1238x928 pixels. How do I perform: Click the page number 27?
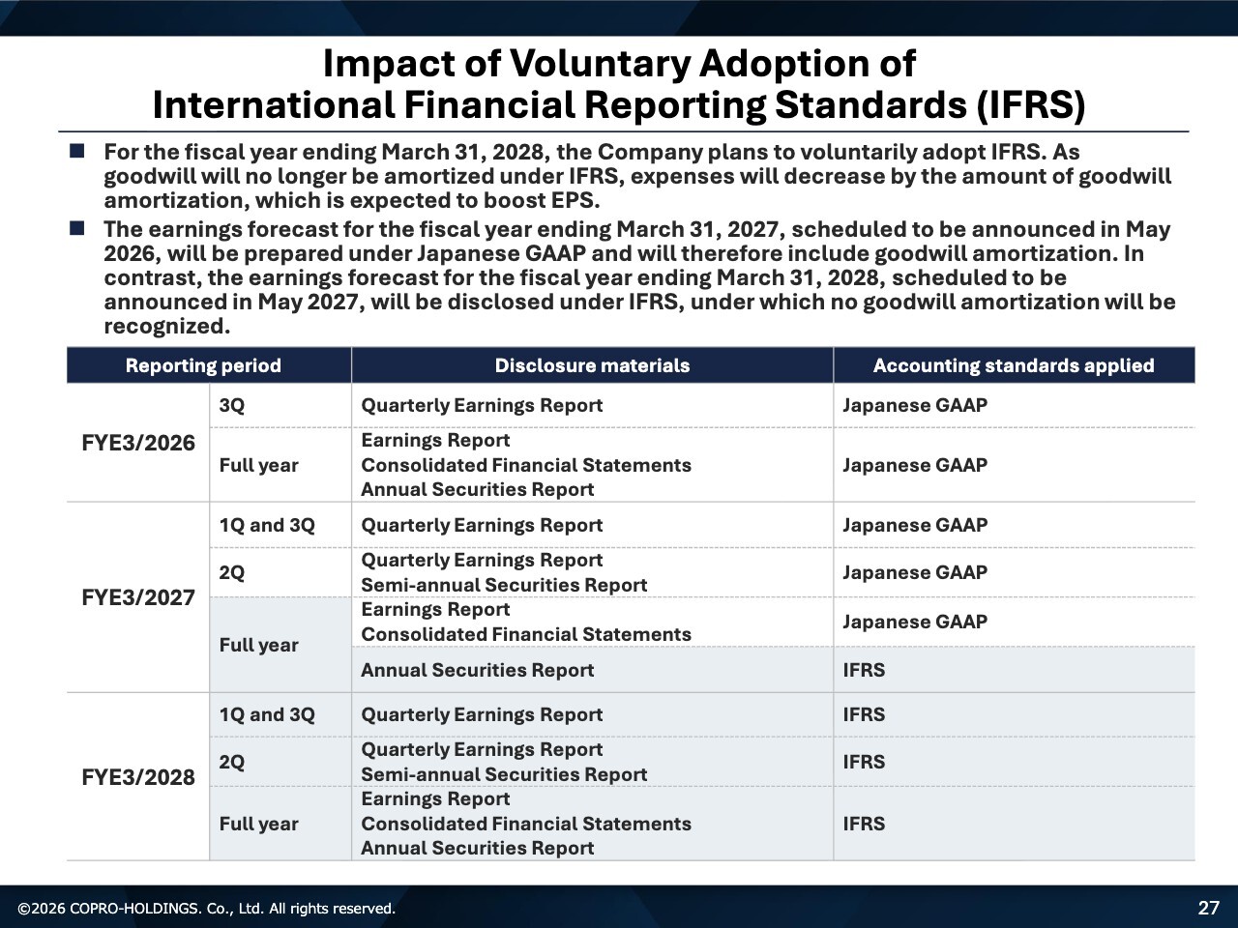pos(1209,908)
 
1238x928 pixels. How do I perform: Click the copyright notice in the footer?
pos(207,909)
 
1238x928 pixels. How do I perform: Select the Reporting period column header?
pos(203,365)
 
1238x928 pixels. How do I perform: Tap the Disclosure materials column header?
pos(592,365)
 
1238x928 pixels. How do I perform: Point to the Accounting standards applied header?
pos(1013,365)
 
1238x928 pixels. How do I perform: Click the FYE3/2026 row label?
pos(138,443)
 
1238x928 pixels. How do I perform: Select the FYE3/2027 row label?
pos(138,597)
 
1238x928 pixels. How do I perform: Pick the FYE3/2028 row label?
pos(138,777)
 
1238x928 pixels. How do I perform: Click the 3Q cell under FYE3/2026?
pos(232,405)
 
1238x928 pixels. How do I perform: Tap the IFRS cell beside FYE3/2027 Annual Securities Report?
pos(864,670)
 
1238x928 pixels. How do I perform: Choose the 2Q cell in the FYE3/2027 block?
pos(232,572)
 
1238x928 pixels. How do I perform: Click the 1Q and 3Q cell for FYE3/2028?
pos(267,714)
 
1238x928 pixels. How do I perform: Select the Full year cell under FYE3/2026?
pos(258,465)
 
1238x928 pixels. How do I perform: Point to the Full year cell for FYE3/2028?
pos(258,824)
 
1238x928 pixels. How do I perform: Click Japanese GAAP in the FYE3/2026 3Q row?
pos(914,405)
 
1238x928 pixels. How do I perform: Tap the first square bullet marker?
pos(77,152)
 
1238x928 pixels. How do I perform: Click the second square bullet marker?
pos(77,229)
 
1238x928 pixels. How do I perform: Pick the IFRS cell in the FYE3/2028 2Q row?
pos(864,762)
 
